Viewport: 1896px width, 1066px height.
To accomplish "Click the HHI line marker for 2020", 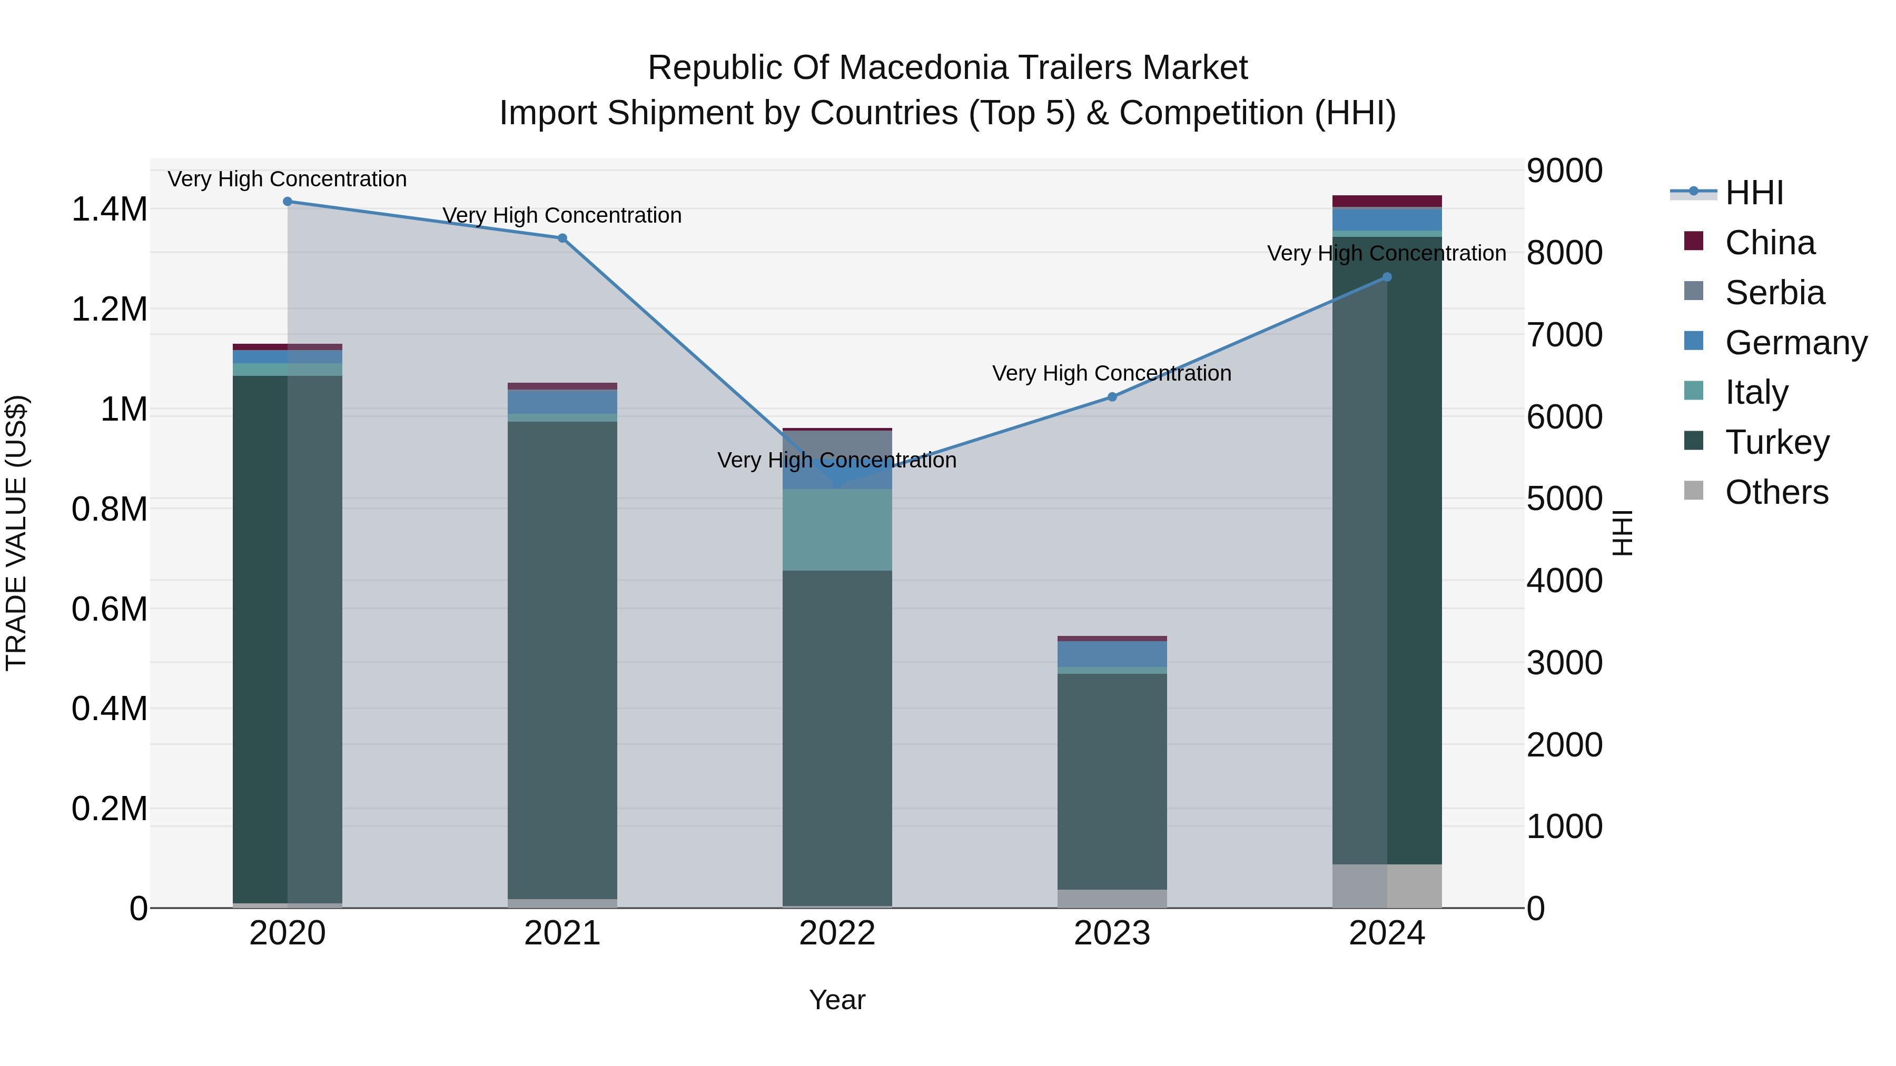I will click(288, 202).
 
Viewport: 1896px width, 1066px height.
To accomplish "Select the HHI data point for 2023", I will click(1112, 396).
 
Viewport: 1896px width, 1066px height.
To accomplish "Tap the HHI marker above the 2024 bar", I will click(1387, 277).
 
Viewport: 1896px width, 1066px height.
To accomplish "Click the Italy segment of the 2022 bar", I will click(837, 530).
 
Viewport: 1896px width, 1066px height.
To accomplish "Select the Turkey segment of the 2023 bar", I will click(1112, 780).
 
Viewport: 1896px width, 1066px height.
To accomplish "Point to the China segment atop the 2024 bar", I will click(1387, 201).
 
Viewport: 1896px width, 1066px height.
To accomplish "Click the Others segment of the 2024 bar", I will click(1387, 886).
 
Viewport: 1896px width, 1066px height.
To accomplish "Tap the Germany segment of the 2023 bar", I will click(1112, 654).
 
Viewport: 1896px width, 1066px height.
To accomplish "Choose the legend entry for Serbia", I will click(1774, 293).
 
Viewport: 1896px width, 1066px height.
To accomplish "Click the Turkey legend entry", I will click(1777, 442).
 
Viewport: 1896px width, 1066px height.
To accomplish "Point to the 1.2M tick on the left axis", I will click(109, 310).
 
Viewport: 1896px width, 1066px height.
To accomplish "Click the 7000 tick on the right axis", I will click(1564, 335).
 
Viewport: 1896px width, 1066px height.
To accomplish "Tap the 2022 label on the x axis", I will click(837, 933).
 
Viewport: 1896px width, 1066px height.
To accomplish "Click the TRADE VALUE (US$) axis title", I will click(17, 533).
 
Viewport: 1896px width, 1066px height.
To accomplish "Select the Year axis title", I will click(837, 1000).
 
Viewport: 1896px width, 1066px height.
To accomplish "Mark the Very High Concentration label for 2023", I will click(1111, 373).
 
